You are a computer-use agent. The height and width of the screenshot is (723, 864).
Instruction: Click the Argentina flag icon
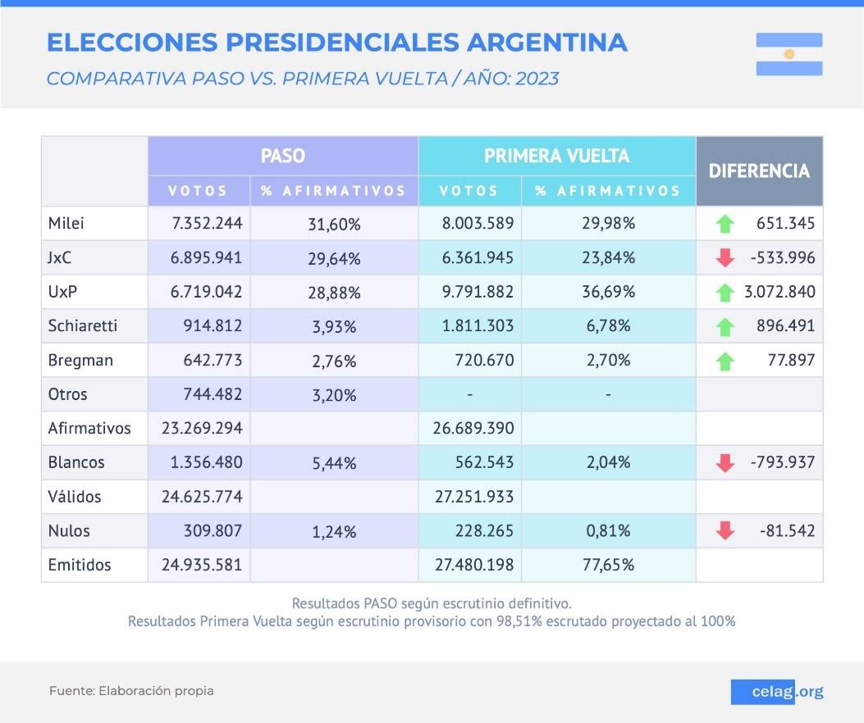tap(789, 54)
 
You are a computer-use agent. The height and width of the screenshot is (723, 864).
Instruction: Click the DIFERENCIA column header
tap(759, 171)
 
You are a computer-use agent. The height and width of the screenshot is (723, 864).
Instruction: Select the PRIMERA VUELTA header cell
tap(556, 156)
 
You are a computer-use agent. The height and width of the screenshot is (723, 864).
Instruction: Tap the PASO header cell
tap(282, 156)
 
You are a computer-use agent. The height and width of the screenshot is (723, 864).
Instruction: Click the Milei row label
tap(66, 223)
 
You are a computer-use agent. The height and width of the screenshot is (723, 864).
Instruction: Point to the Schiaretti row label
tap(83, 325)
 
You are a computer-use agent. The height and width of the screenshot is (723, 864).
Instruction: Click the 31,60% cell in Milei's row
tap(333, 224)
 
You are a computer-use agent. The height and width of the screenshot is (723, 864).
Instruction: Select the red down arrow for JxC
tap(725, 258)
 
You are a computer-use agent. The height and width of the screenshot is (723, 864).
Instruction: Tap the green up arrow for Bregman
tap(725, 361)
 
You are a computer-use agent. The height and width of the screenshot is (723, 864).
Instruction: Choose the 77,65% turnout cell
tap(608, 566)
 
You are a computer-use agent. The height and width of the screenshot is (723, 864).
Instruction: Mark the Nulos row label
tap(69, 530)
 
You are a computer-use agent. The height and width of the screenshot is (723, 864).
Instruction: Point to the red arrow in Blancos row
tap(725, 463)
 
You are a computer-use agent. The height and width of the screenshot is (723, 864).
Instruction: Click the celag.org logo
tap(776, 692)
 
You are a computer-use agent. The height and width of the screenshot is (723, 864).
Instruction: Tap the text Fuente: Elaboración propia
tap(131, 691)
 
